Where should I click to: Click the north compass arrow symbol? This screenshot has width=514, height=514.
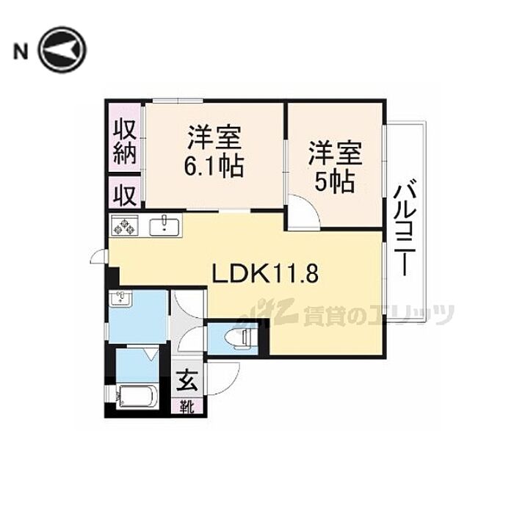click(x=62, y=50)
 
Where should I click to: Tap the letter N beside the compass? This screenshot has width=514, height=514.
click(x=21, y=51)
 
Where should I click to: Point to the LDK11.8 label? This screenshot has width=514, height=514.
click(x=265, y=274)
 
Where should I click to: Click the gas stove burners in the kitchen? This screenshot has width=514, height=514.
click(x=123, y=227)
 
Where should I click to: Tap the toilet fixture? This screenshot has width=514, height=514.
click(x=239, y=338)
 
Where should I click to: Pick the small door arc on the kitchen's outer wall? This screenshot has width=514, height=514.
click(x=98, y=256)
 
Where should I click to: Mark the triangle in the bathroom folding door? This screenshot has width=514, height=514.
click(x=151, y=354)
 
